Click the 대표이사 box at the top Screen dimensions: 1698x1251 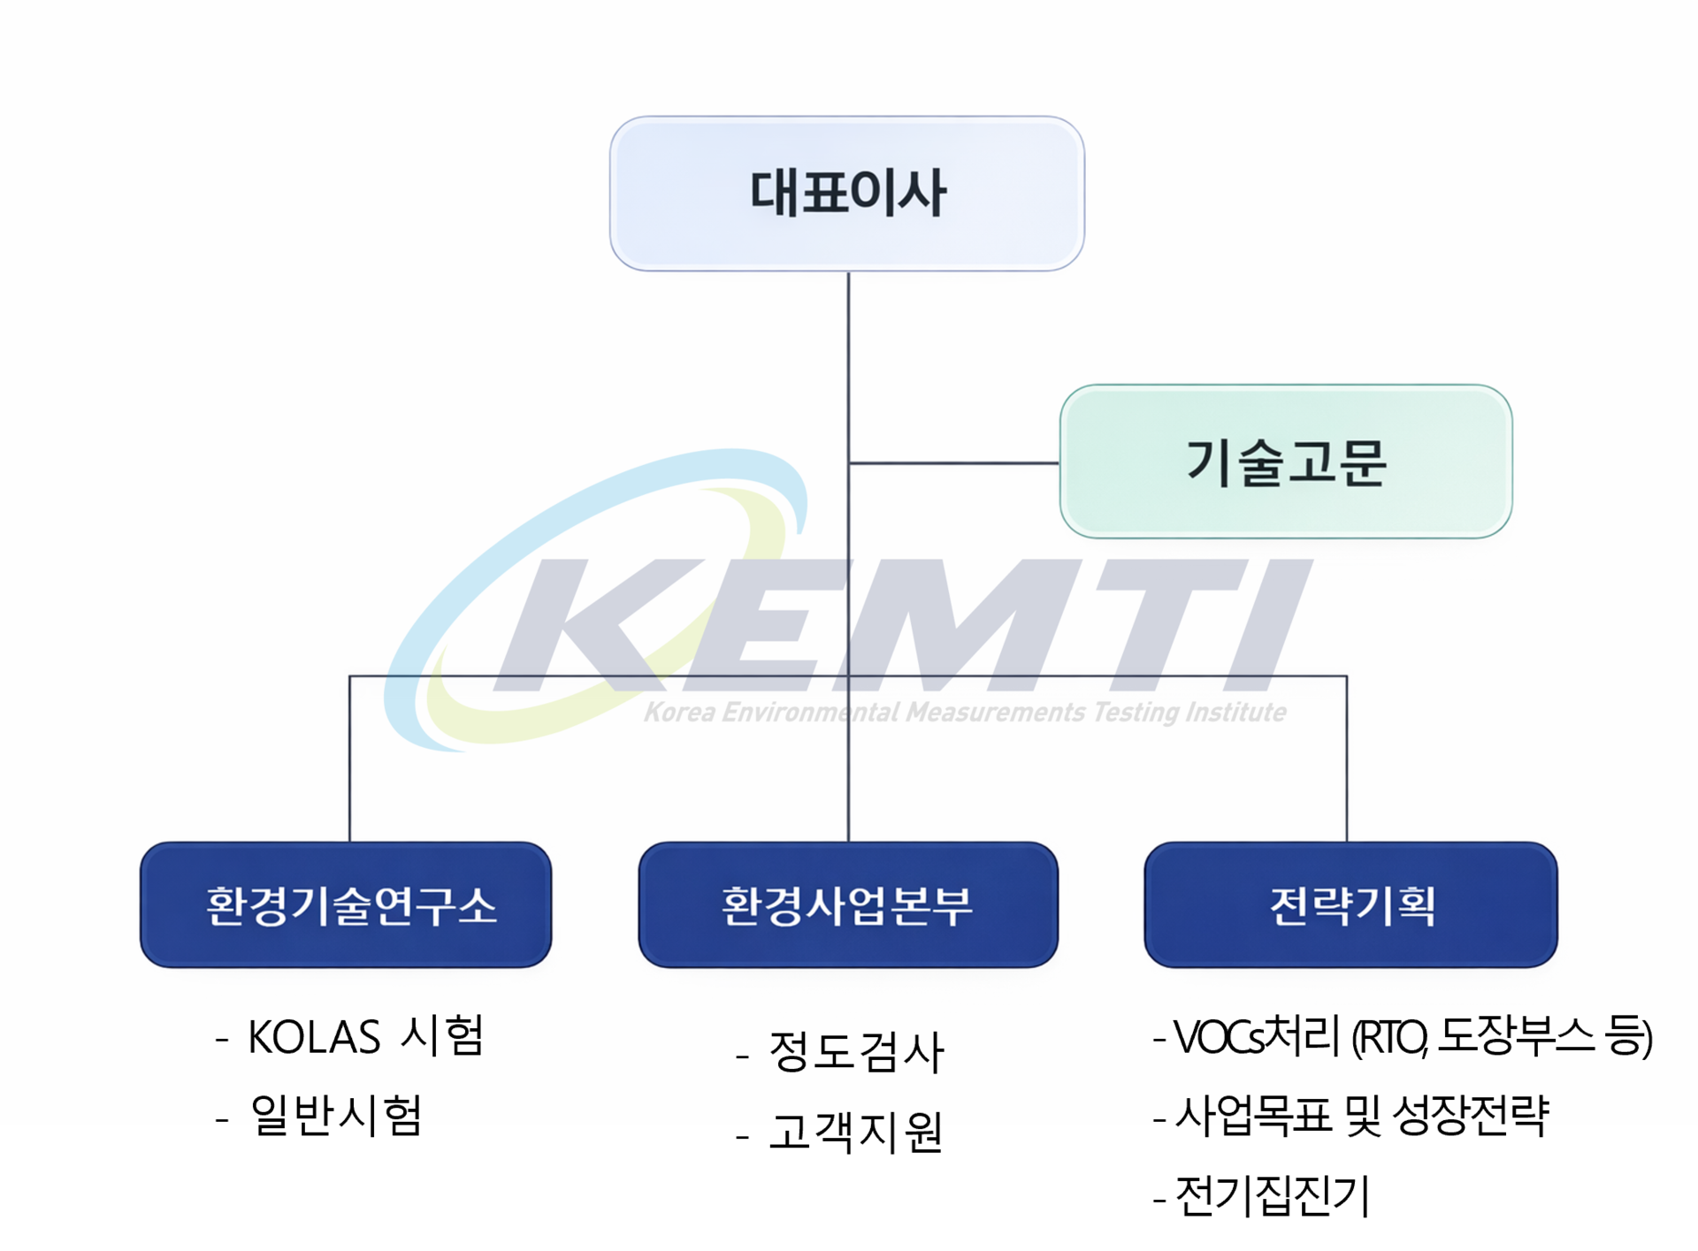[846, 194]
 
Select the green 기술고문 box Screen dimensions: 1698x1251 [1286, 461]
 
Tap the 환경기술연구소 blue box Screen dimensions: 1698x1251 [346, 904]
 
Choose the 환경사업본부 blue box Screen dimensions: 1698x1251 [847, 904]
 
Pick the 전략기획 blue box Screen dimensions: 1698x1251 [1350, 904]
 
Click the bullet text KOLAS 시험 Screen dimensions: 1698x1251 [350, 1036]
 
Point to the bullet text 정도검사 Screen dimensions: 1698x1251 [840, 1052]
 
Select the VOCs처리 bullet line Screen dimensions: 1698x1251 [1403, 1036]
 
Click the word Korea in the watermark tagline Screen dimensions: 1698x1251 [679, 713]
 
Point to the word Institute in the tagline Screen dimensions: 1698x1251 [1235, 713]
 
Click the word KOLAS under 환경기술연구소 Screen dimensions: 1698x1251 [314, 1037]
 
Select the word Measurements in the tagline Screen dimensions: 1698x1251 [995, 713]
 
